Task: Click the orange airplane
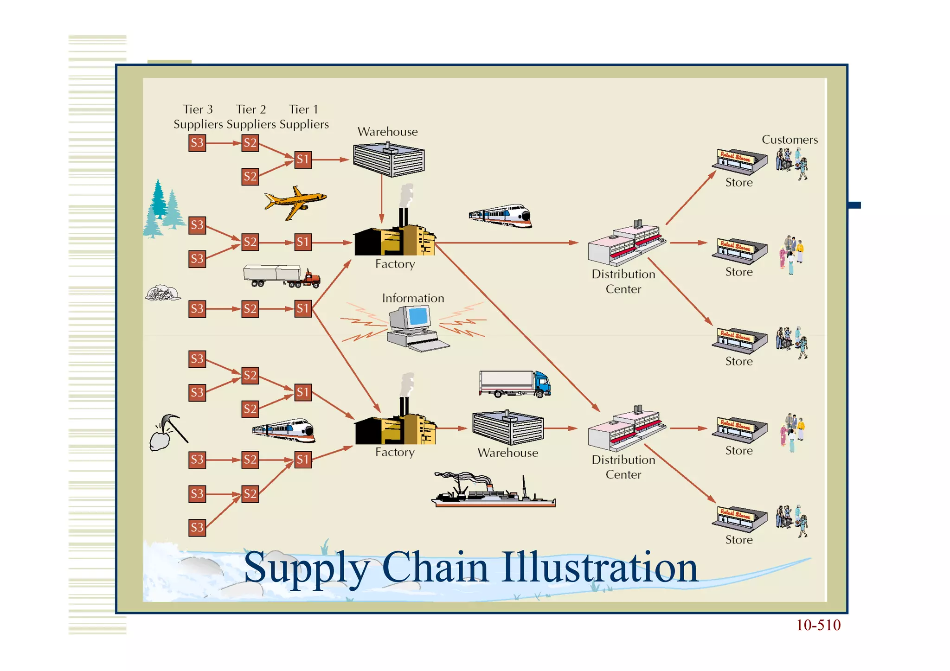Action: coord(295,202)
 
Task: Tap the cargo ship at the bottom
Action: coord(494,492)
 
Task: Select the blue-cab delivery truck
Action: coord(515,384)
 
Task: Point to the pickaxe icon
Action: coord(169,432)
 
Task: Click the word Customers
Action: coord(790,140)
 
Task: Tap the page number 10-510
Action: coord(818,625)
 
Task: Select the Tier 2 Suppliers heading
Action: coord(251,116)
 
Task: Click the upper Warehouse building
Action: coord(389,160)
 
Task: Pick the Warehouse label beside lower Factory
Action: coord(508,453)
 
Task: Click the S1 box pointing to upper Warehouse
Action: coord(303,160)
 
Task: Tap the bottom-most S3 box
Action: coord(197,528)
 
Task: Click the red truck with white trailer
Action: coord(282,276)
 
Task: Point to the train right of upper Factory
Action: coord(501,216)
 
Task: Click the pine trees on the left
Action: coord(163,209)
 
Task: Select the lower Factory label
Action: coord(395,452)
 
